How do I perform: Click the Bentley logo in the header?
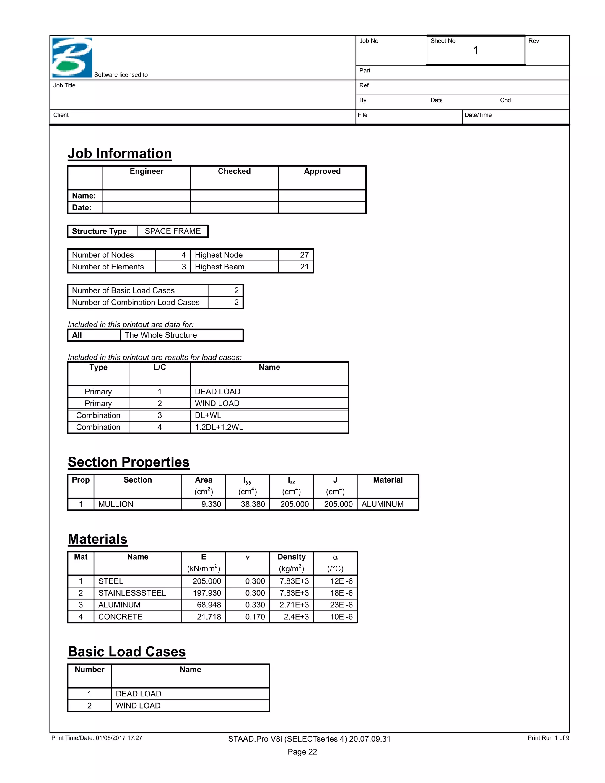72,57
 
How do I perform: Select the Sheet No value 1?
475,51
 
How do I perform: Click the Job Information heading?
120,153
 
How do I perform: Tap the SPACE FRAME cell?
173,231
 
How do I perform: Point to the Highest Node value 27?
304,255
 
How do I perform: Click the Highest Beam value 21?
304,267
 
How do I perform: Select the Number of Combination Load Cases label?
136,302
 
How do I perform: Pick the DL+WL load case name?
208,415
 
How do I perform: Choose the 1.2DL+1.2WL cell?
219,427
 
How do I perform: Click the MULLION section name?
116,504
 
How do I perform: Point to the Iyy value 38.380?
253,504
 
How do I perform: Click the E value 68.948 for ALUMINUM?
209,605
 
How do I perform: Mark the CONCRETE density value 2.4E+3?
296,617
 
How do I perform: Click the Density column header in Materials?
291,557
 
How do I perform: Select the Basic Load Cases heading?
126,652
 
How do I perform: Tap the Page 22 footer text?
302,752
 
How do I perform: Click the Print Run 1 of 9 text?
548,738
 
